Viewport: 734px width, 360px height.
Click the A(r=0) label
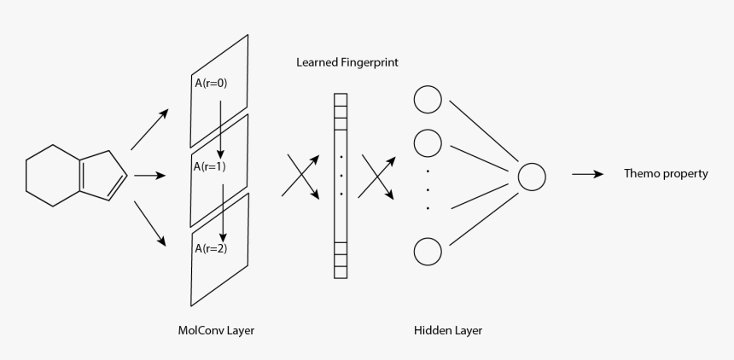(x=210, y=84)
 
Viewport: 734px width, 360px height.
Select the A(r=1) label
(x=210, y=166)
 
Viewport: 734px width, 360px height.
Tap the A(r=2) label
(x=210, y=248)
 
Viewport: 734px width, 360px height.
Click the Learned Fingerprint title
(x=347, y=62)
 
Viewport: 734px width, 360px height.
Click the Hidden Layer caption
(x=441, y=330)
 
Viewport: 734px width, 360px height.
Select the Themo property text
(x=666, y=174)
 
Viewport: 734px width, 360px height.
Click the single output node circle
(x=531, y=177)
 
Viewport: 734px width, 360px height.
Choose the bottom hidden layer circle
(x=427, y=253)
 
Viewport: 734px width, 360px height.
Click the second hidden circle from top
(x=427, y=142)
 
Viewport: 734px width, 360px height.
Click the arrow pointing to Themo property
(x=588, y=175)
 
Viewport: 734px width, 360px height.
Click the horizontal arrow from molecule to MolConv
(x=149, y=177)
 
